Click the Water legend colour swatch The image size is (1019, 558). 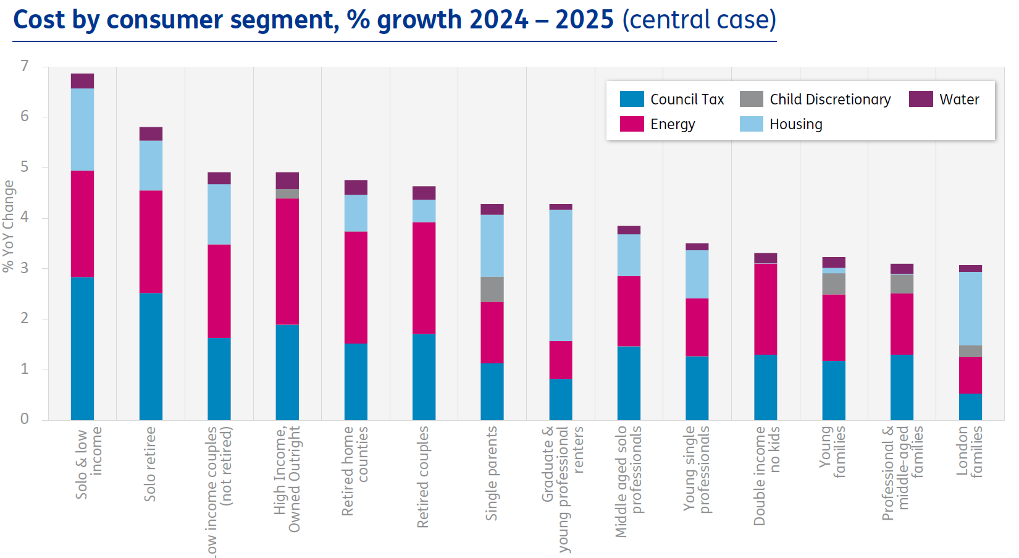pos(920,99)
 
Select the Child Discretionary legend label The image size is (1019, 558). pos(829,99)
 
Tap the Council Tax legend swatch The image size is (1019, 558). pos(631,99)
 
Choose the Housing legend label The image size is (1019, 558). pos(795,124)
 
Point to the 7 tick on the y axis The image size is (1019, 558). pos(25,66)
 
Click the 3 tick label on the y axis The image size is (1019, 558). pos(25,268)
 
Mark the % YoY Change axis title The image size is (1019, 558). pos(8,226)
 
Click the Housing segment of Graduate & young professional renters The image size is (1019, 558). pos(561,275)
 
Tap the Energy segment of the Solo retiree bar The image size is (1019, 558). pos(151,242)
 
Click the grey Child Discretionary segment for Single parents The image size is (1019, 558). pos(492,289)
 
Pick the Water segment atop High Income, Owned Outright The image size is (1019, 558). pos(287,180)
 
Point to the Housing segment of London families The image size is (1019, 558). pos(970,308)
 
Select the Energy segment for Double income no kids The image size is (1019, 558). pos(765,309)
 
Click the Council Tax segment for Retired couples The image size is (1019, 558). pos(424,377)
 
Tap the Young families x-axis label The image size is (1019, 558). pos(831,452)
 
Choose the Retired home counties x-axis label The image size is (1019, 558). pos(354,471)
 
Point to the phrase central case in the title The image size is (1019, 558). pos(699,20)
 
